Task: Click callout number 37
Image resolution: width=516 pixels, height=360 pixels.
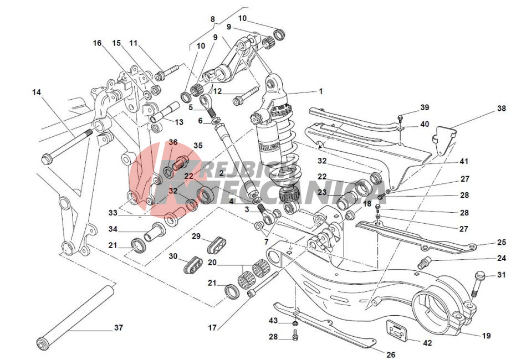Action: coord(118,327)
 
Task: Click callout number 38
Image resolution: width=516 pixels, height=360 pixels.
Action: coord(501,109)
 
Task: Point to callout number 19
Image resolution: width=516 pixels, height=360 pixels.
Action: coord(486,336)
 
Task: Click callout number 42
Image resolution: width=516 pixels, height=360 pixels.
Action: coord(427,343)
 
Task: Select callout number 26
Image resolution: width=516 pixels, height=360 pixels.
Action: coord(391,355)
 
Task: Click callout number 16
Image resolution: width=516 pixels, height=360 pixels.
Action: coord(98,43)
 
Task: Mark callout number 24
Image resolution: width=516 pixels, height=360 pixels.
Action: coord(501,258)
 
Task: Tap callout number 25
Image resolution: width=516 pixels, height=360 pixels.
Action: coord(501,243)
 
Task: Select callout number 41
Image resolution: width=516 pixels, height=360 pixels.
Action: coord(463,162)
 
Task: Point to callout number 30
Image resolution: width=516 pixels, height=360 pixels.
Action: coord(173,256)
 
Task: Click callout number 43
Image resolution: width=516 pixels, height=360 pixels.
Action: coord(273,321)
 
